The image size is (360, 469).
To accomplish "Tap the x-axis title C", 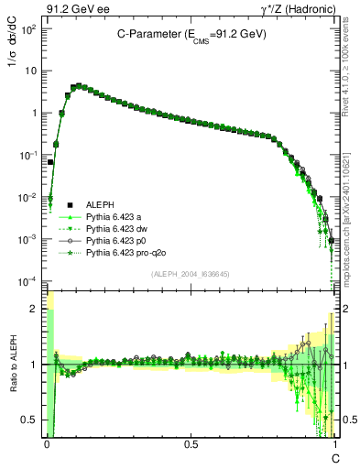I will pos(335,455).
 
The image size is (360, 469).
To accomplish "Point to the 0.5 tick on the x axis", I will pos(190,442).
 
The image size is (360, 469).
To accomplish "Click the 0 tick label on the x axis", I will pos(47,442).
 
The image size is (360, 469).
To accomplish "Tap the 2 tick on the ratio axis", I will pos(36,309).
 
